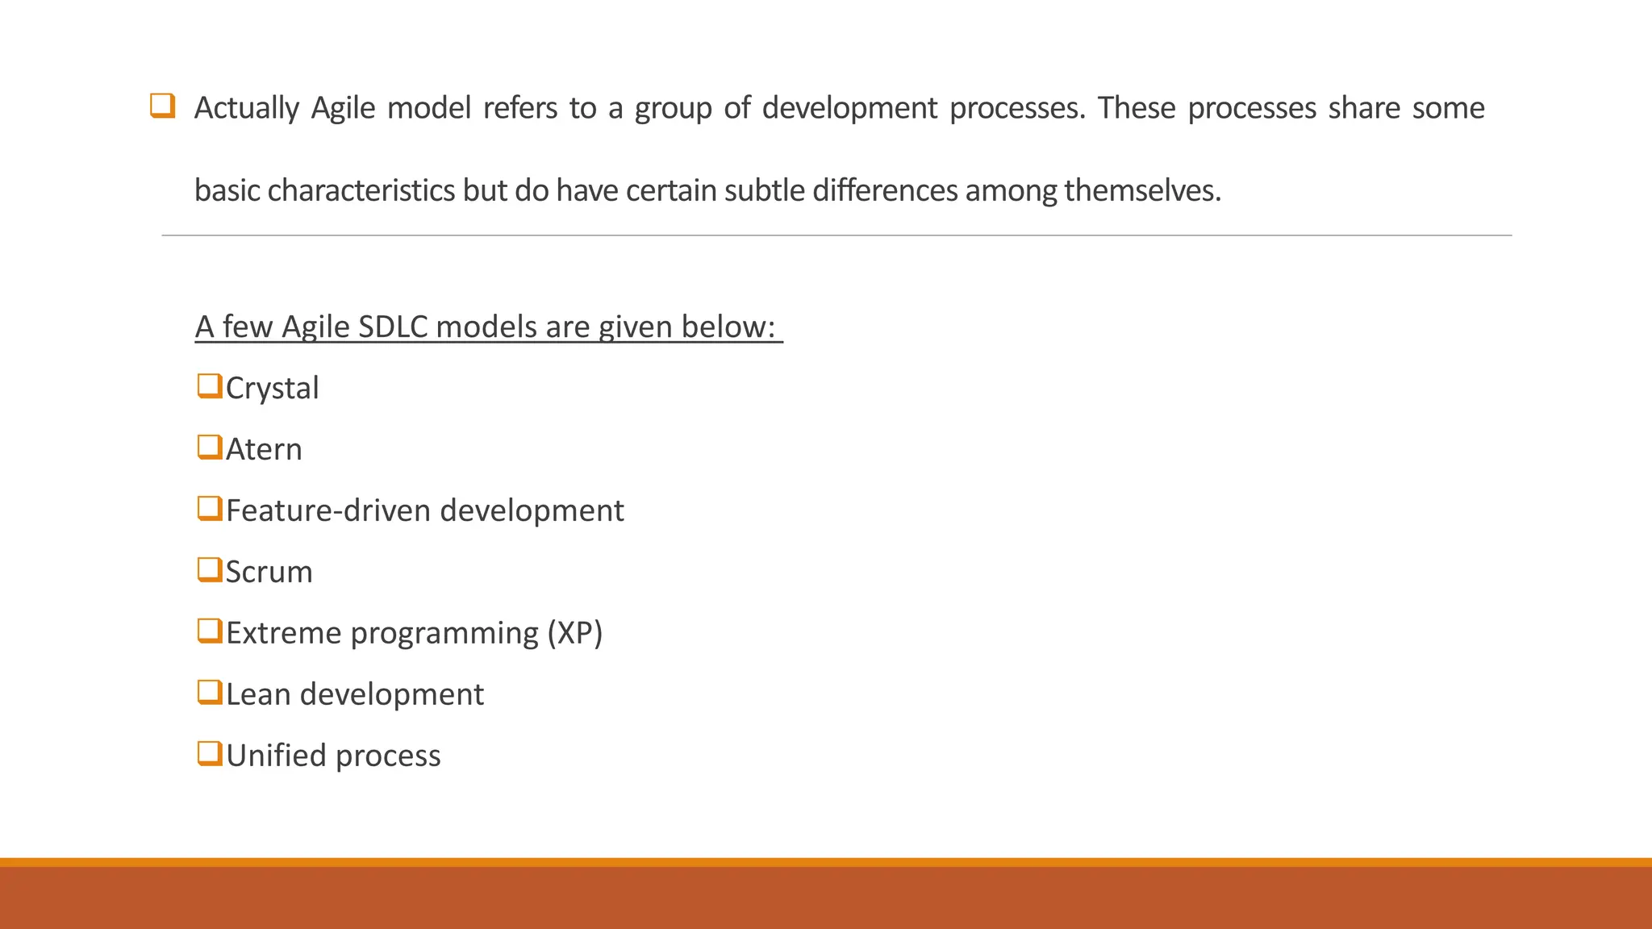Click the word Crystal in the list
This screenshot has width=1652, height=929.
(272, 389)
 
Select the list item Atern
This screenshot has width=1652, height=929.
(264, 450)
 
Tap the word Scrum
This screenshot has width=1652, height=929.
(269, 573)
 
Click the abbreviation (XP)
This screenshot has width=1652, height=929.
(574, 633)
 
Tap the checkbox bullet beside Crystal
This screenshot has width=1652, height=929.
(209, 386)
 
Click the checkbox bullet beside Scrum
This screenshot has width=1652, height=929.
(209, 570)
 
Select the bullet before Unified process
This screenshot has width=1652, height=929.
(209, 754)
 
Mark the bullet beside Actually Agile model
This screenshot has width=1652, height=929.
(162, 106)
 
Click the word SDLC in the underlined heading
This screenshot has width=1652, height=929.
(392, 327)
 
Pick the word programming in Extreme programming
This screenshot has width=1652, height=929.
(444, 634)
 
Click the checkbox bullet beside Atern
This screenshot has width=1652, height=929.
(209, 448)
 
